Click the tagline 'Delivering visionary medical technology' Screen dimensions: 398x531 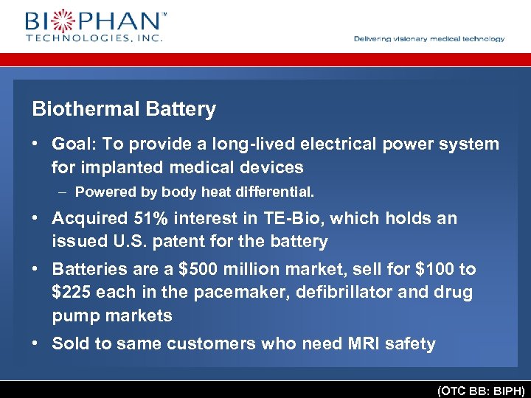[x=429, y=39]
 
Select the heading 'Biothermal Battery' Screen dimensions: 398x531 [x=124, y=110]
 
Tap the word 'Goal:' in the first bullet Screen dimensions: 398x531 [x=74, y=144]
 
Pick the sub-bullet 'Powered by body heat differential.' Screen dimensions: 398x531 [x=195, y=192]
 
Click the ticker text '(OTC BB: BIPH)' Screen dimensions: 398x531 [x=480, y=390]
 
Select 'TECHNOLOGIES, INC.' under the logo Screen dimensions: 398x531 [x=94, y=37]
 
